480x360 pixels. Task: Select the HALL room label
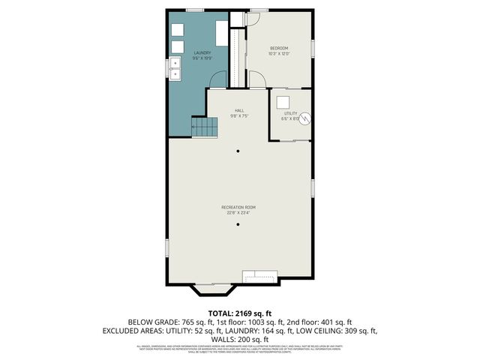pyautogui.click(x=239, y=110)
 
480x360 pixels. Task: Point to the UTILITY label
pyautogui.click(x=291, y=113)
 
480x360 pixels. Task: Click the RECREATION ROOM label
pyautogui.click(x=238, y=207)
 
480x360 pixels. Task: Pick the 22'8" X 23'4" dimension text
pyautogui.click(x=238, y=213)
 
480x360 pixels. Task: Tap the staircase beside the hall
pyautogui.click(x=205, y=127)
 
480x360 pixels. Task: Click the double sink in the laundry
pyautogui.click(x=175, y=69)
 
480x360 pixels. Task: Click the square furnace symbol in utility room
pyautogui.click(x=283, y=102)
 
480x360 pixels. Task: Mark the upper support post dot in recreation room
pyautogui.click(x=239, y=151)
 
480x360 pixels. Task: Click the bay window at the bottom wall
pyautogui.click(x=215, y=288)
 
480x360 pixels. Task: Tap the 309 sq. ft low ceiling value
pyautogui.click(x=360, y=330)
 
